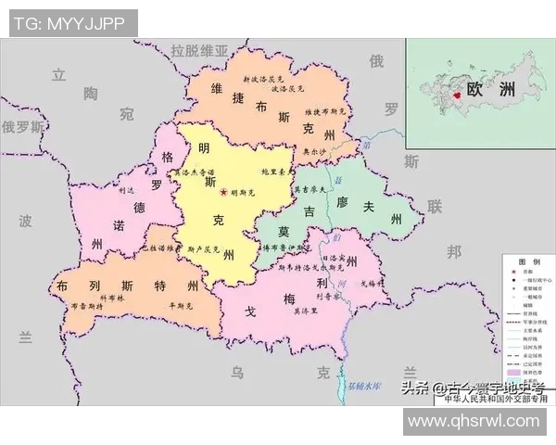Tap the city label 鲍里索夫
click(277, 172)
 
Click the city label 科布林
click(110, 299)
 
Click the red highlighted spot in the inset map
click(455, 95)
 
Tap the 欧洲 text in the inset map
click(490, 91)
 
